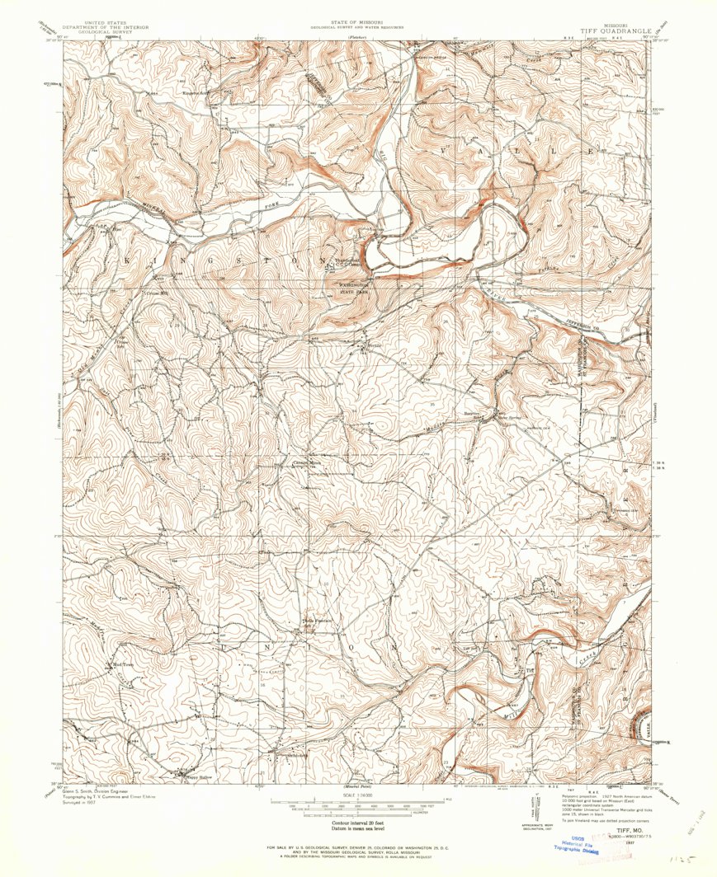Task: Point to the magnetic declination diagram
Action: (x=544, y=812)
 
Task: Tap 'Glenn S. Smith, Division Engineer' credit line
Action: (x=101, y=789)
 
